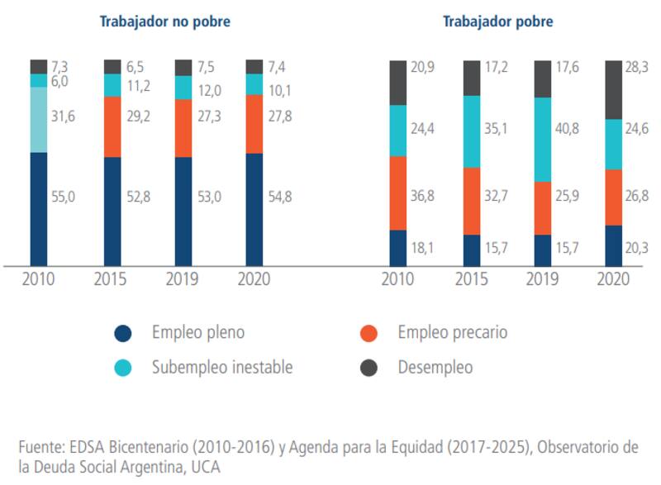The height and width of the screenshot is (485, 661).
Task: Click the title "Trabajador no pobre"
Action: click(164, 22)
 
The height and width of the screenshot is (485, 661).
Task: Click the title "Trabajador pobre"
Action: click(497, 22)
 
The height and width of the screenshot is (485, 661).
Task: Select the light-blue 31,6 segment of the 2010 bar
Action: click(39, 120)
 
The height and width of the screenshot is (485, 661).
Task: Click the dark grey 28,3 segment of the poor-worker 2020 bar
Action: click(615, 89)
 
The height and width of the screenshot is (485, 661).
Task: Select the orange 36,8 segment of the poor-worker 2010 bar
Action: click(398, 193)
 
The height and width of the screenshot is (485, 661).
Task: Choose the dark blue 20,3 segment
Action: click(615, 245)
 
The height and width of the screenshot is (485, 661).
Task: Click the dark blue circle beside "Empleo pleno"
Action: click(123, 333)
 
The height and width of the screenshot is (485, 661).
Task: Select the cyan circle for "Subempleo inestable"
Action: click(123, 368)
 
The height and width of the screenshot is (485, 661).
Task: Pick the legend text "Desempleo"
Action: click(435, 368)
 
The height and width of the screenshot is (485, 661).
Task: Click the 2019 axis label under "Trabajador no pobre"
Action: click(183, 278)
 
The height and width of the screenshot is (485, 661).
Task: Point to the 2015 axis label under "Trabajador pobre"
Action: click(472, 278)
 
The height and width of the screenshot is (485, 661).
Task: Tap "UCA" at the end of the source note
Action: click(207, 466)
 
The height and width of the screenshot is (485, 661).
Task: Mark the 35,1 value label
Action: click(496, 129)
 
